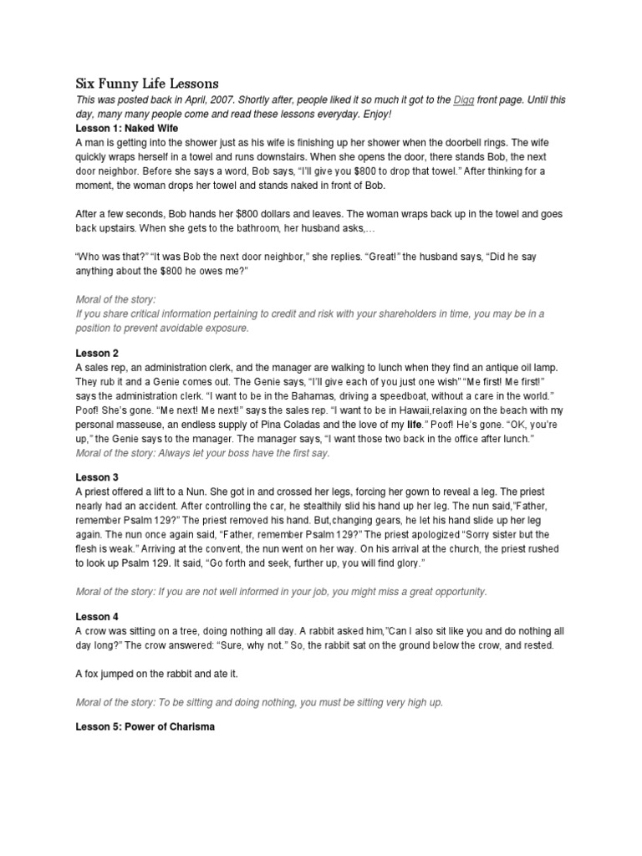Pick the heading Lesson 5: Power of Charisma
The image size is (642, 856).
(x=145, y=726)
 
